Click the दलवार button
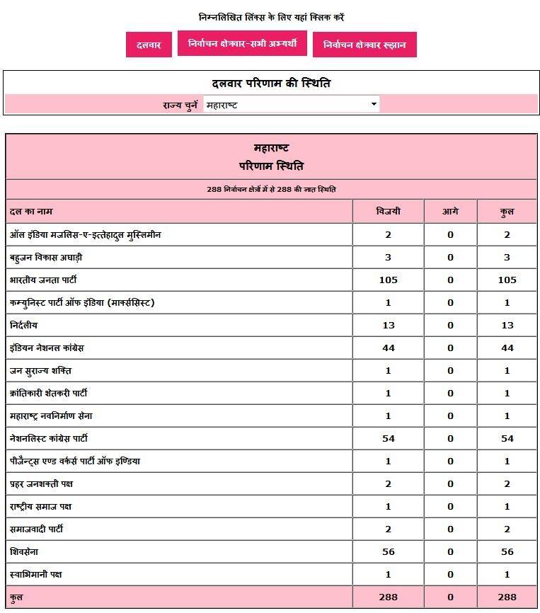pyautogui.click(x=149, y=45)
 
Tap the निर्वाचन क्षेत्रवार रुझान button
pyautogui.click(x=364, y=45)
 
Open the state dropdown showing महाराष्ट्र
pyautogui.click(x=290, y=105)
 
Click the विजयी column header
pyautogui.click(x=388, y=212)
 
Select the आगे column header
pyautogui.click(x=450, y=212)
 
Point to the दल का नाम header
pyautogui.click(x=31, y=212)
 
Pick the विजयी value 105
pyautogui.click(x=388, y=280)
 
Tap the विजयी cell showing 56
pyautogui.click(x=388, y=551)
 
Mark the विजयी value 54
pyautogui.click(x=388, y=438)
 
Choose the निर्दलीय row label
pyautogui.click(x=24, y=325)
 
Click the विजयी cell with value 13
pyautogui.click(x=388, y=325)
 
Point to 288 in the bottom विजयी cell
pyautogui.click(x=388, y=597)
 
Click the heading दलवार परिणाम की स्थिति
pyautogui.click(x=271, y=83)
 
